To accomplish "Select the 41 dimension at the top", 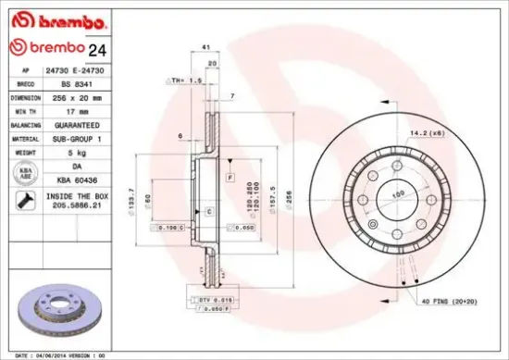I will [205, 45].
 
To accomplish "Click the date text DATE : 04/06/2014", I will [44, 354].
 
